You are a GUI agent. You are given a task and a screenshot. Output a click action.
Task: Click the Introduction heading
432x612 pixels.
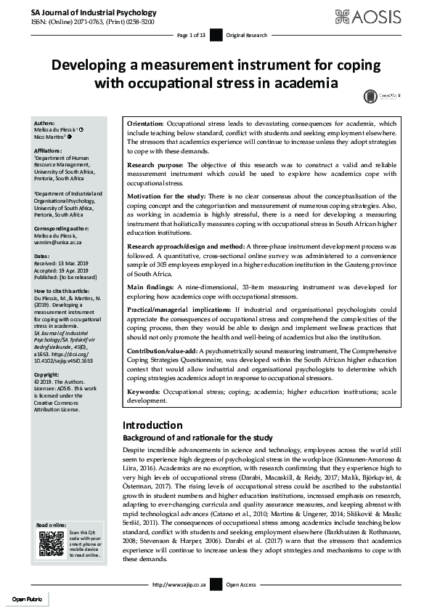pos(152,425)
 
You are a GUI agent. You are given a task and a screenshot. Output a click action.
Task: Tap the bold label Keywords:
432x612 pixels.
pos(144,391)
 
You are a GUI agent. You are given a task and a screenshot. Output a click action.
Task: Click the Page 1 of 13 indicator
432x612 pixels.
pos(192,35)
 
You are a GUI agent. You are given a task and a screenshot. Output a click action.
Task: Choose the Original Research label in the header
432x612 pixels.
pos(247,35)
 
